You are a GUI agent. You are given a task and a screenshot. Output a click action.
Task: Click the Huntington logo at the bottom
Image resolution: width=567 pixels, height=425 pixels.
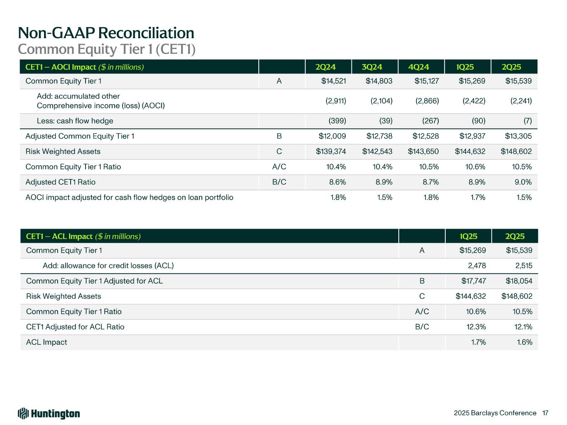click(49, 413)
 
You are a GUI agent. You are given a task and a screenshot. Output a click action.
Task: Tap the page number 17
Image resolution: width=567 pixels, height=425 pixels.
click(545, 413)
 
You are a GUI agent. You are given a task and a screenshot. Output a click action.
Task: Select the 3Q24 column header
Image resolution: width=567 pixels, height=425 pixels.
click(372, 67)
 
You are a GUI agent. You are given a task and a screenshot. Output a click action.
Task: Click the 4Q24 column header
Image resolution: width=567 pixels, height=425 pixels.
click(418, 67)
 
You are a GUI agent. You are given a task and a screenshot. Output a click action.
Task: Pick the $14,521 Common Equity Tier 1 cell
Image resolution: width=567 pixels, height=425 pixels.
click(334, 81)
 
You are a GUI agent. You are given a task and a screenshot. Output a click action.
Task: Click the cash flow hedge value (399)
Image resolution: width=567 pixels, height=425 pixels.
click(337, 121)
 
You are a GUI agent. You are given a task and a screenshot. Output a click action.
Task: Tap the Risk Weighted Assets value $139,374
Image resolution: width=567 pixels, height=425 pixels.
click(331, 151)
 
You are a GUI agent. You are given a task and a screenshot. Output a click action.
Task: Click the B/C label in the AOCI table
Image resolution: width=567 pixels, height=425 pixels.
click(279, 182)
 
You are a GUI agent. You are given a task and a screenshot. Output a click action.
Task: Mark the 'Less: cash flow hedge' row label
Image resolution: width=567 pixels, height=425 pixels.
click(75, 121)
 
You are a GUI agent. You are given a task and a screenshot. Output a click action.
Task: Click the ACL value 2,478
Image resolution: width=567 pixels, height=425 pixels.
click(476, 266)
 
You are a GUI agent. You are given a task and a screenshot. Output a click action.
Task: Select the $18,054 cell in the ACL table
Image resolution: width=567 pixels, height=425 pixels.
click(519, 281)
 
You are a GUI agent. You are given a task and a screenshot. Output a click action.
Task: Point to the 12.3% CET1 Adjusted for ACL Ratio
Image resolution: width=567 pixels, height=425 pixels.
click(476, 327)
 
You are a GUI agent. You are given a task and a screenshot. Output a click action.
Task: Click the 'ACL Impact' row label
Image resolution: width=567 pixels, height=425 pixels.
click(47, 342)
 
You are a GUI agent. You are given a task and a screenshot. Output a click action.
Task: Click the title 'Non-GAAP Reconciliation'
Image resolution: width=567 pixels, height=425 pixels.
click(106, 33)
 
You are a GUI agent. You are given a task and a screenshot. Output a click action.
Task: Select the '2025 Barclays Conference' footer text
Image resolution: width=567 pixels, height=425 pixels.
click(495, 413)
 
